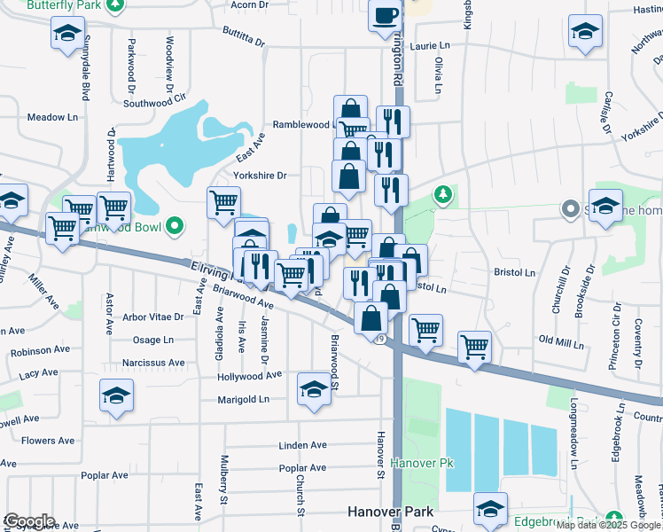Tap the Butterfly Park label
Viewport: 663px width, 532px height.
point(65,5)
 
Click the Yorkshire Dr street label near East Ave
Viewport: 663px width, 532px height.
point(260,176)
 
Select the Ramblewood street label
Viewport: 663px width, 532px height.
point(302,125)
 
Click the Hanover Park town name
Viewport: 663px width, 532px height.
point(390,512)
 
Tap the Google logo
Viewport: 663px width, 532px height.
point(28,521)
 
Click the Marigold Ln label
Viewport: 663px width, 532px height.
point(243,400)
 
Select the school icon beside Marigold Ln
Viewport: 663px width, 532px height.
point(313,389)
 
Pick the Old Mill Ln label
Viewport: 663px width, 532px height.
point(558,340)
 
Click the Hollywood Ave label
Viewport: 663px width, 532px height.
point(249,377)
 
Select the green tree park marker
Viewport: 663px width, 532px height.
point(442,194)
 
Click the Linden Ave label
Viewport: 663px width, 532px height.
point(302,445)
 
